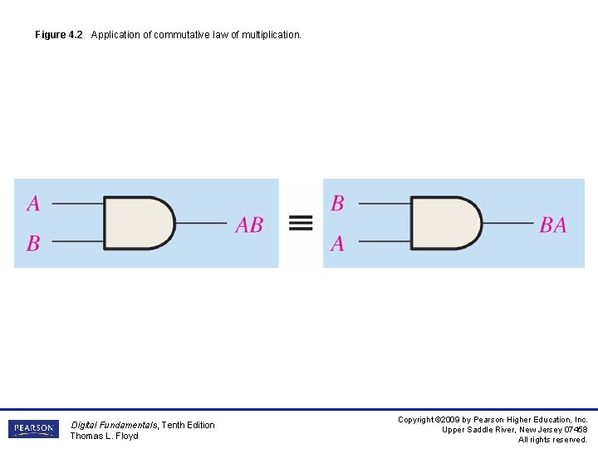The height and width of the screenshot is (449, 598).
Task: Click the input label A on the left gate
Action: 33,203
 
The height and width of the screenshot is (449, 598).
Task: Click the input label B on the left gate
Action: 33,244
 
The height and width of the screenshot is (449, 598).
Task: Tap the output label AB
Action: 249,224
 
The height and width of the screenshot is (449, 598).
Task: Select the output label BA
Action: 553,224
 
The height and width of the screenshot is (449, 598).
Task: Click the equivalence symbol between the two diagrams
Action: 301,223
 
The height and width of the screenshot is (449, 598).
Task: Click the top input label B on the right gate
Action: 337,203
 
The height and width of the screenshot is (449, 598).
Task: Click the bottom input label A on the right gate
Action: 337,244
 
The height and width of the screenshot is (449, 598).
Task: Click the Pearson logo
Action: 33,429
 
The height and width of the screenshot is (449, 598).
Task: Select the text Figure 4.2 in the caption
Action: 59,35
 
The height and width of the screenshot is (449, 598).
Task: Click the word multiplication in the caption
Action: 271,35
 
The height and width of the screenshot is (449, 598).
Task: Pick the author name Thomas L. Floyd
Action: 104,436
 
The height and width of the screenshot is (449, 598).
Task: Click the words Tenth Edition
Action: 188,425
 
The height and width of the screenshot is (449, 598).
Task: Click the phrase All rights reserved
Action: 552,440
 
